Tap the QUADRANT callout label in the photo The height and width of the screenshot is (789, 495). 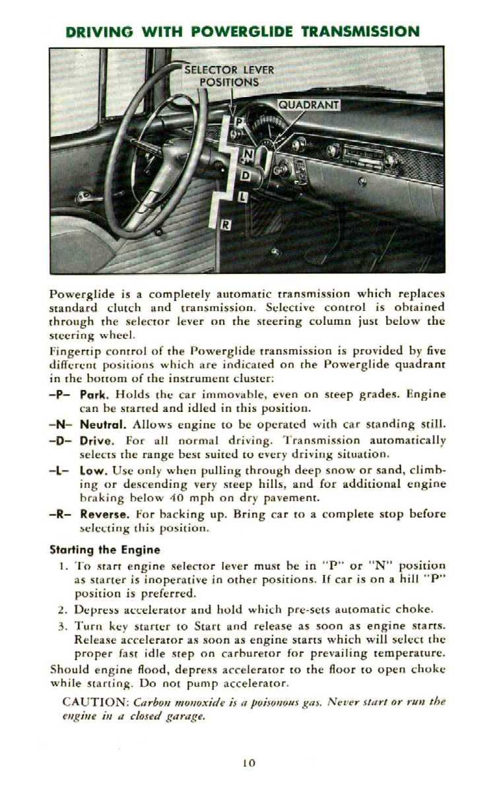pos(308,104)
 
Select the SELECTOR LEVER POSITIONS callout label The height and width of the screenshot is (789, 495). pos(229,76)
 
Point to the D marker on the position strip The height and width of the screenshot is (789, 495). pos(245,176)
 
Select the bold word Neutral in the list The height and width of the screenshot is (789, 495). pos(100,423)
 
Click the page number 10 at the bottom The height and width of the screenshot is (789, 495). pos(248,762)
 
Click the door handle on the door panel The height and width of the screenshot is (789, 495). pos(84,195)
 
